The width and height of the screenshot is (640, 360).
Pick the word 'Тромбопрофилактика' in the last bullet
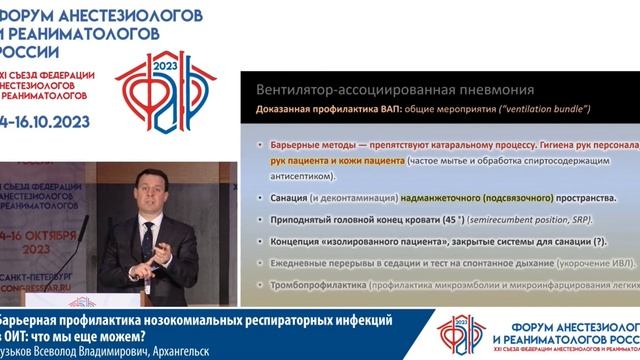[x=317, y=285]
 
